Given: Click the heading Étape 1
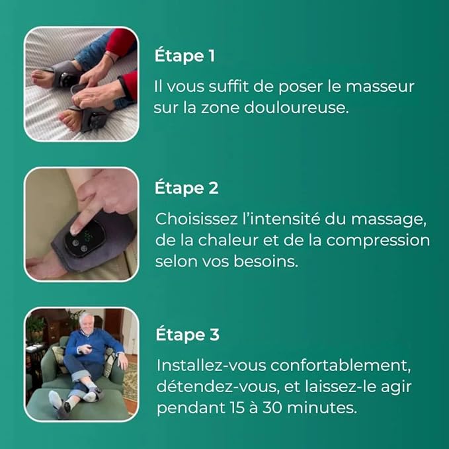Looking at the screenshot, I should point(184,56).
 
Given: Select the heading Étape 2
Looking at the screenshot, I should point(186,188).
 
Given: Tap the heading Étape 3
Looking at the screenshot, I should point(187,335).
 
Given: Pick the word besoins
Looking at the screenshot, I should point(273,261).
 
